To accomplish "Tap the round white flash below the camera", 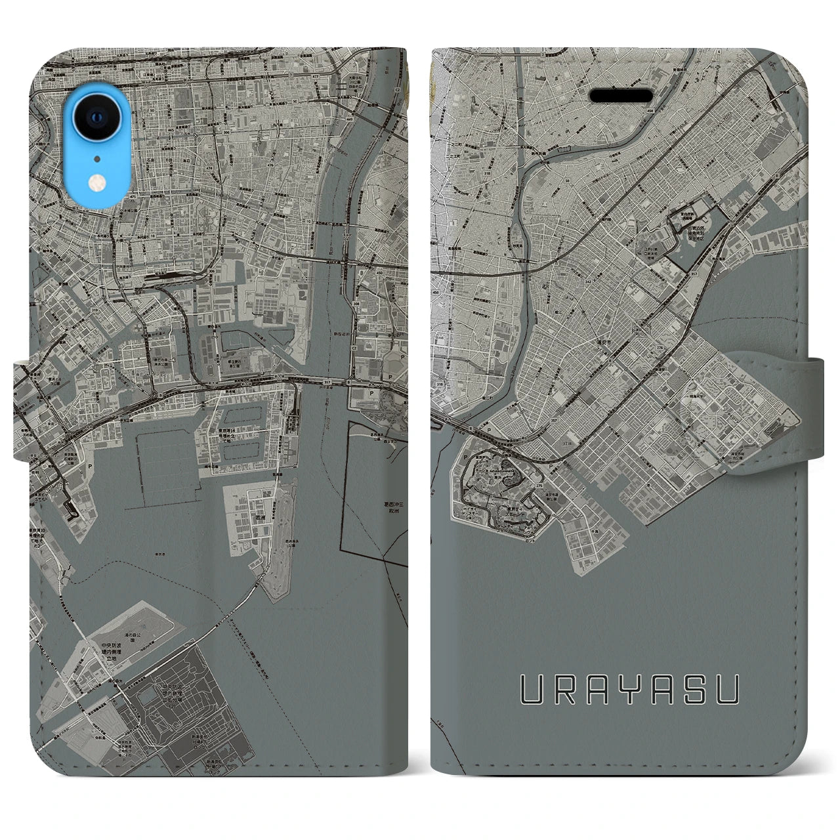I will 97,181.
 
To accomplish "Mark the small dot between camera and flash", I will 97,158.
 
